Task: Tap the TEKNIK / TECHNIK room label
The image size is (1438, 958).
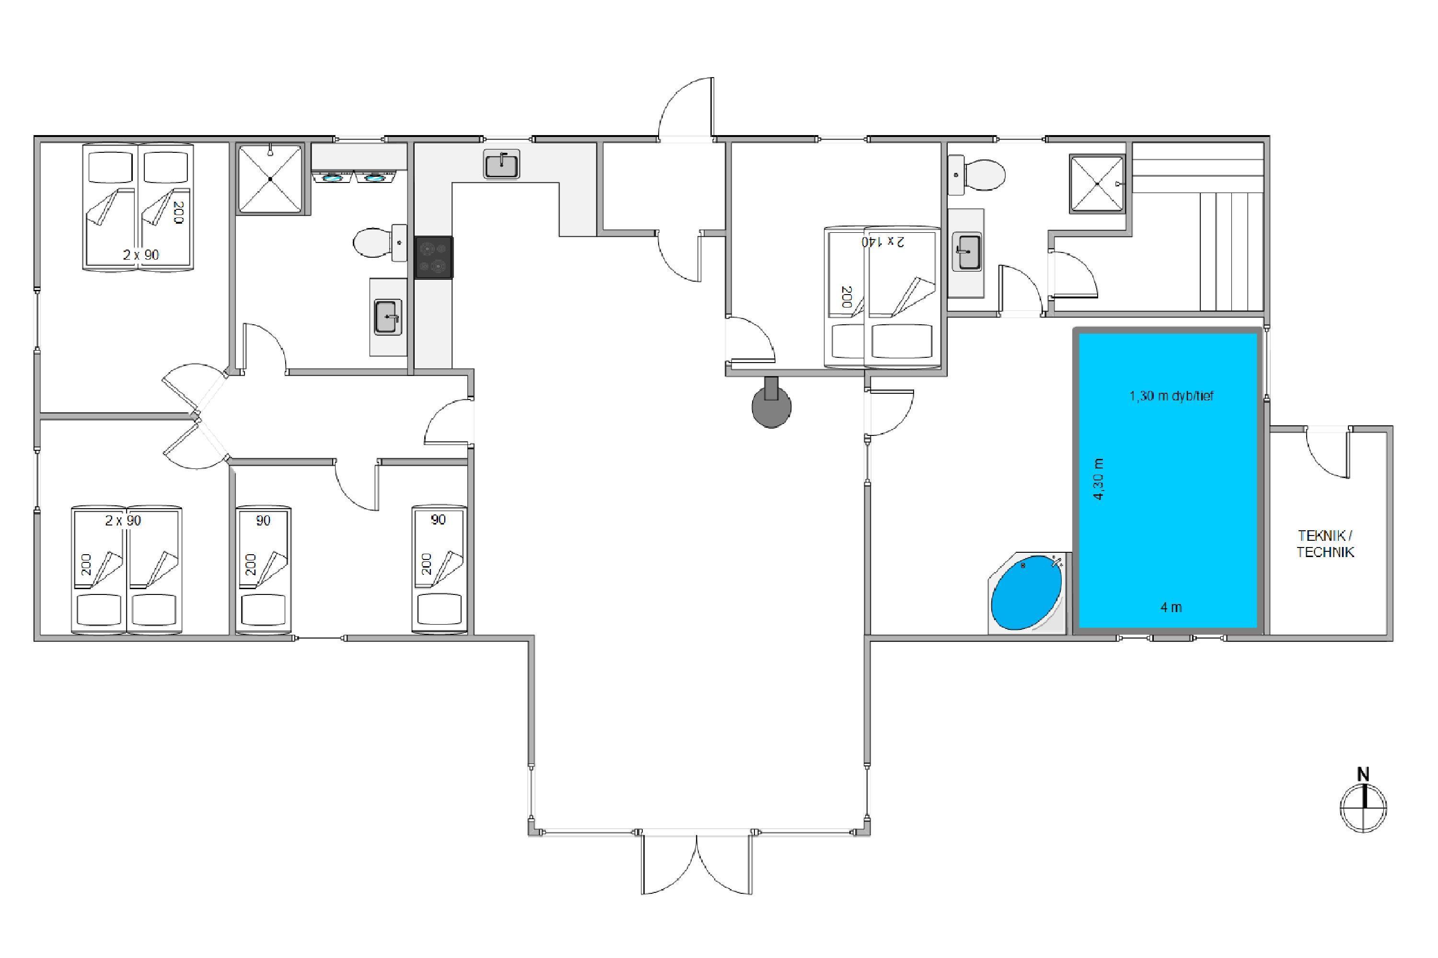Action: click(1325, 544)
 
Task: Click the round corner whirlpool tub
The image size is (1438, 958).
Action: click(1028, 592)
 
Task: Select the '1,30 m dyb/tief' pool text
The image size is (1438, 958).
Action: click(1171, 396)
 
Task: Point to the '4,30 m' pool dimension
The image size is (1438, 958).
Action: click(1099, 479)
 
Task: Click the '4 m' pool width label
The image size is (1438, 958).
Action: click(1171, 607)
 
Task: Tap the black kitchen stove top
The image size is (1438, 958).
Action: click(434, 257)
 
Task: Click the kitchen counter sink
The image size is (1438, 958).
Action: click(501, 164)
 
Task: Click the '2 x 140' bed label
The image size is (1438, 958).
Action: click(883, 242)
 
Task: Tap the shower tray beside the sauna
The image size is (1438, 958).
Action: click(1097, 184)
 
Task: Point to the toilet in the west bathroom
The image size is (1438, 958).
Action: click(380, 242)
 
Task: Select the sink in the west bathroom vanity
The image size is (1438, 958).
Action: click(388, 317)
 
